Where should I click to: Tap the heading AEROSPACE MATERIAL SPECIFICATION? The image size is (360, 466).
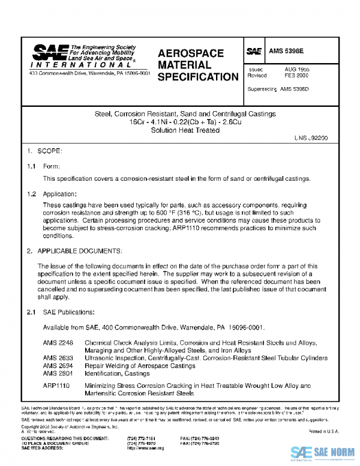(197, 65)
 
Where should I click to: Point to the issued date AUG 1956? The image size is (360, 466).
(296, 69)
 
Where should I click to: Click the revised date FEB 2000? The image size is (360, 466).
(296, 76)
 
